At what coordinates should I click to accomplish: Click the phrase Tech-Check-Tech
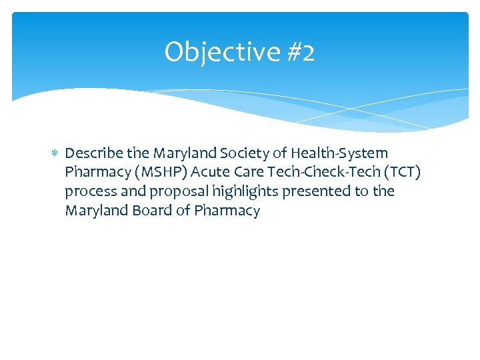pos(323,173)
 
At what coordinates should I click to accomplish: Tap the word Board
pos(149,211)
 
